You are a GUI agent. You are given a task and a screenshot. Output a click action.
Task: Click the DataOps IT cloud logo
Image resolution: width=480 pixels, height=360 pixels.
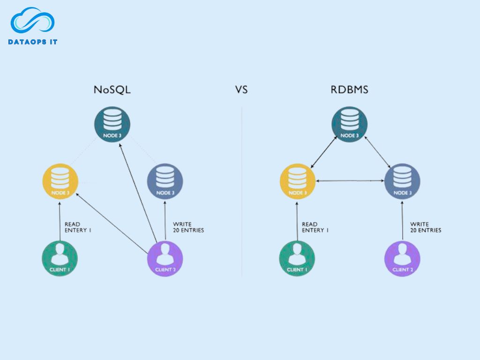[32, 21]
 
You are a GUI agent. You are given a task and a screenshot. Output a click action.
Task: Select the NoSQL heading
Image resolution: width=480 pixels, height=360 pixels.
[112, 90]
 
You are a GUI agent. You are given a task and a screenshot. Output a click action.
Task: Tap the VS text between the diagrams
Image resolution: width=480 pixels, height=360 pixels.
[241, 90]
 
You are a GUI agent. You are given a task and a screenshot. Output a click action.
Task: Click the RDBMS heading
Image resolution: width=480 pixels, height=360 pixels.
[349, 90]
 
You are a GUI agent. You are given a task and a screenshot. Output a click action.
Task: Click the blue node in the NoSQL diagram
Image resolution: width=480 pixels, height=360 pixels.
[165, 181]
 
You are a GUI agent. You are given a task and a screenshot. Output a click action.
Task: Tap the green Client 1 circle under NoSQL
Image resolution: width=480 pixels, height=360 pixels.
[60, 258]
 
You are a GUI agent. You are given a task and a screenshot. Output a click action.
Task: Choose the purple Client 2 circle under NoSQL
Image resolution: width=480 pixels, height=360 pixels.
[165, 258]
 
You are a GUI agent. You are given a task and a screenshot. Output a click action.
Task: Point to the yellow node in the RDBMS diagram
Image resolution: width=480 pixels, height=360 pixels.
[297, 181]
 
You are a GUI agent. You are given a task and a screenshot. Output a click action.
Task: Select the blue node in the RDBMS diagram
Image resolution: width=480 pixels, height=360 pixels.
[402, 181]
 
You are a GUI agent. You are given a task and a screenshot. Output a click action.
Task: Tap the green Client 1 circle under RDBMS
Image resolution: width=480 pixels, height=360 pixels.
[297, 258]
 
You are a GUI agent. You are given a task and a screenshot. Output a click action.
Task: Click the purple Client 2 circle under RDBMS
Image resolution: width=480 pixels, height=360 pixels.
[402, 258]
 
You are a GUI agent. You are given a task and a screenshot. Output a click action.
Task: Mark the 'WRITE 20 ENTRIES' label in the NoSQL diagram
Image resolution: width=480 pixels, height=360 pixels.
[188, 227]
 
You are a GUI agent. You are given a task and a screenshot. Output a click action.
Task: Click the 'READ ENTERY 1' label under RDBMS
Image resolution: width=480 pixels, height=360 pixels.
[315, 227]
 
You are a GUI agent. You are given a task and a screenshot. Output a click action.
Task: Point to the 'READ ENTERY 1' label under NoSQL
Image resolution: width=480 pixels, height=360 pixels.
[78, 227]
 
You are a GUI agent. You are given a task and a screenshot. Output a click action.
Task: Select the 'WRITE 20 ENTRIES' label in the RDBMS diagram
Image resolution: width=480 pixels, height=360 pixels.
[425, 227]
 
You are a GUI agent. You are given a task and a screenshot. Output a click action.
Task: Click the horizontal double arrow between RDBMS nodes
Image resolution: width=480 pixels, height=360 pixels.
[350, 181]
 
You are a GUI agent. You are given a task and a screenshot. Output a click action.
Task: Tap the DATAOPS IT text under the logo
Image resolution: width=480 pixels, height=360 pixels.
[33, 42]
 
